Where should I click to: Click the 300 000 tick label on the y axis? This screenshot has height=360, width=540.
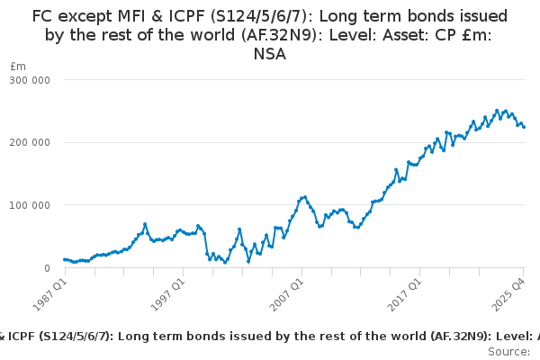(30, 80)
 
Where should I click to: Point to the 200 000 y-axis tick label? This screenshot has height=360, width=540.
(30, 142)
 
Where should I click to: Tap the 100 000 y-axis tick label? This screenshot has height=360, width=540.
(30, 205)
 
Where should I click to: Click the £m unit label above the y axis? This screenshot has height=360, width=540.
(18, 67)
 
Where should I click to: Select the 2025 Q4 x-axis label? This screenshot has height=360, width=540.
(507, 293)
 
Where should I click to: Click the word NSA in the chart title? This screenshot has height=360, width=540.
(270, 54)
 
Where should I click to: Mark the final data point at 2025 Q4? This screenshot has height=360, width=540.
(524, 127)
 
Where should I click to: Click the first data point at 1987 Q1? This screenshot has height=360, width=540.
(64, 259)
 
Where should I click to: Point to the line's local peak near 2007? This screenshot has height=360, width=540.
(305, 196)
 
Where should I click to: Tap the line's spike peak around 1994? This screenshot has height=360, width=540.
(145, 224)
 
